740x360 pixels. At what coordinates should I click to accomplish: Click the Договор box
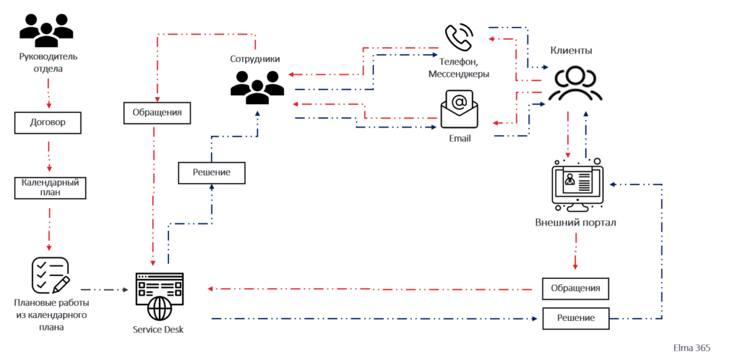point(47,122)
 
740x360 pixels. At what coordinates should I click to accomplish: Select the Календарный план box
point(50,187)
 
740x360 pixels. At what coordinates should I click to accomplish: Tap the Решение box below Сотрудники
point(212,173)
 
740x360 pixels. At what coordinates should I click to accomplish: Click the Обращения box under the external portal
point(575,288)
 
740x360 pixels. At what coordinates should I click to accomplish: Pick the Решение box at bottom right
point(575,319)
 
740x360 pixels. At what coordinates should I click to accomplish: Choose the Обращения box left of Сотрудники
point(157,113)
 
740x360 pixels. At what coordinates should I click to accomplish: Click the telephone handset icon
point(458,37)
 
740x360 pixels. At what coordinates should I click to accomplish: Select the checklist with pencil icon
point(50,275)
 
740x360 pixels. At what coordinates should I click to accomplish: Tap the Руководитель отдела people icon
point(46,30)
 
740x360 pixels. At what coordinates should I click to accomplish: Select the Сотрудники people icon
point(257,87)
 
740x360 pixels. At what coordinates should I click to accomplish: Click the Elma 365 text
point(692,348)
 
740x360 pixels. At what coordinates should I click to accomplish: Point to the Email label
point(460,140)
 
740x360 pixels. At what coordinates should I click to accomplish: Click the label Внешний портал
point(576,223)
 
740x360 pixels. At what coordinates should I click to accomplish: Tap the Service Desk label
point(158,330)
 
